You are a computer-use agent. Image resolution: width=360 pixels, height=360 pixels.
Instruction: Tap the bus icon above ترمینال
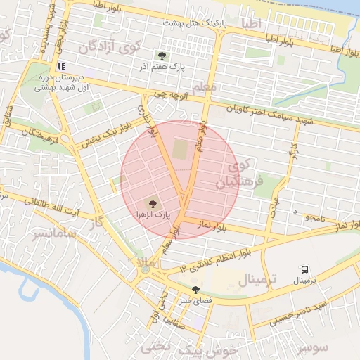coord(305,269)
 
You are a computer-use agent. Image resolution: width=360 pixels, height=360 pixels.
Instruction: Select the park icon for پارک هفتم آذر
coord(162,56)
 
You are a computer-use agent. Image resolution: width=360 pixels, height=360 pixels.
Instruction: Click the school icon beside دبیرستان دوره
coord(60,65)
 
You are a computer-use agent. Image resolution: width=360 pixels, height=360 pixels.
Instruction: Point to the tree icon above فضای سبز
coord(195,290)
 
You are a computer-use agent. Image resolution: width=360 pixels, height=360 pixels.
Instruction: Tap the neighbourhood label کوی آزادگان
coord(110,48)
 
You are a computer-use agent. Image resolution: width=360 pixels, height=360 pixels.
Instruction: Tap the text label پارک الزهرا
coord(156,216)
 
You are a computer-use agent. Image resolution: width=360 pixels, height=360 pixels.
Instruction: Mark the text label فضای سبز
coord(195,300)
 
